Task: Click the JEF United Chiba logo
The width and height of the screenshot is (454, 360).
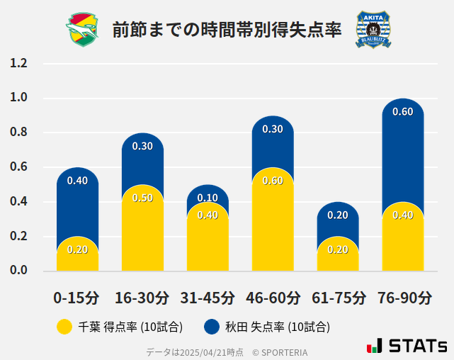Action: pos(84,30)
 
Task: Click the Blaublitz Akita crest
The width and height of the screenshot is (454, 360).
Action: pos(373,30)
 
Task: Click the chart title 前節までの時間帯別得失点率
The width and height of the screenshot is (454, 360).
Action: pos(227,30)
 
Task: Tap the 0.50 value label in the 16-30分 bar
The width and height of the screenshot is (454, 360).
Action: pos(142,198)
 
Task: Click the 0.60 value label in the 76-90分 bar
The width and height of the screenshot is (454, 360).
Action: pos(402,112)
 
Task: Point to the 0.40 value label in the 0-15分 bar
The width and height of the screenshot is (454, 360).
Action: pos(77,181)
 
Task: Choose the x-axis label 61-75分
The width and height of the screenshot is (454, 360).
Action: pos(337,298)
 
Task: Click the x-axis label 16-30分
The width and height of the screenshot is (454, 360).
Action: pos(142,298)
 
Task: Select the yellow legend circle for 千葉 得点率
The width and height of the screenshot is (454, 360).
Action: pos(64,327)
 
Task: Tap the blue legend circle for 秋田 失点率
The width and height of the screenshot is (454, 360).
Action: pos(212,327)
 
